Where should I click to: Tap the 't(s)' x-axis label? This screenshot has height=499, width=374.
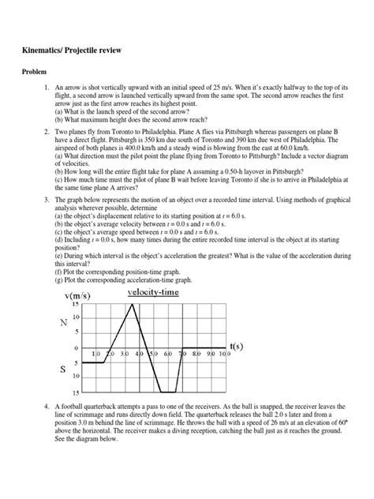tap(236, 346)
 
